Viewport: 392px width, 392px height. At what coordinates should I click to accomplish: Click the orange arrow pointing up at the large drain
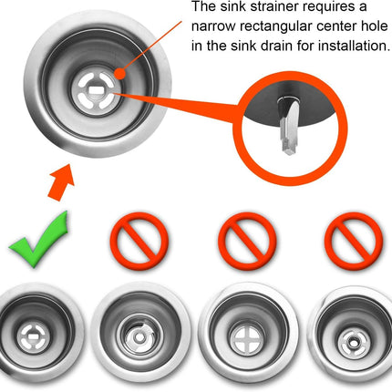(x=61, y=181)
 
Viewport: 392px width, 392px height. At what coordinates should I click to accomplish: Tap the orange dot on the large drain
(x=120, y=73)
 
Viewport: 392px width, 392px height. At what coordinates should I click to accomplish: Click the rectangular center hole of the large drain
(x=96, y=90)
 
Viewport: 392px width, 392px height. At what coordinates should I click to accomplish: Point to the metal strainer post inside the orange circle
(x=289, y=125)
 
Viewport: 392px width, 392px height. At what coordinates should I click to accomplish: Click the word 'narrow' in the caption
(x=213, y=27)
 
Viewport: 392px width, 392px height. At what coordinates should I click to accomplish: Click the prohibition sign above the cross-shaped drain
(x=247, y=242)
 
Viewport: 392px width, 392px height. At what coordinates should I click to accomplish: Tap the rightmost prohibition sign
(x=354, y=242)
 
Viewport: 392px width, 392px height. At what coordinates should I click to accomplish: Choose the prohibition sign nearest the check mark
(x=139, y=242)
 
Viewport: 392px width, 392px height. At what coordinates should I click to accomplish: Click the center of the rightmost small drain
(x=354, y=343)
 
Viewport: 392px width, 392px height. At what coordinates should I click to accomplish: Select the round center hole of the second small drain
(x=139, y=337)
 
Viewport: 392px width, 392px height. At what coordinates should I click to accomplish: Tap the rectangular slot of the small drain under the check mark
(x=32, y=336)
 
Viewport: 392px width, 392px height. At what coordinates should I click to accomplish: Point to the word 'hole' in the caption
(x=376, y=26)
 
